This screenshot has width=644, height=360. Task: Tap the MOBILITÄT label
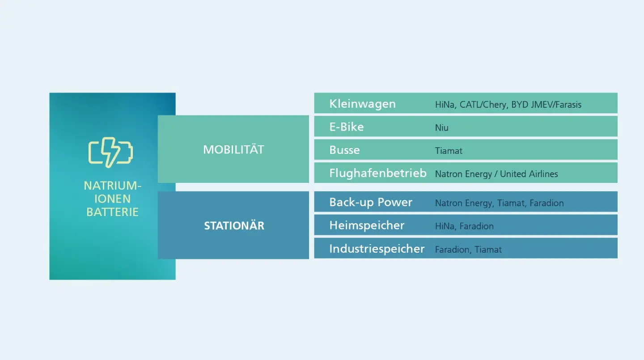233,149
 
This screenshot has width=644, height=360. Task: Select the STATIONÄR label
234,225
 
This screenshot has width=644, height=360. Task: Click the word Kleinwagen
363,104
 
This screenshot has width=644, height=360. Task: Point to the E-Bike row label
347,127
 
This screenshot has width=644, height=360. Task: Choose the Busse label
344,150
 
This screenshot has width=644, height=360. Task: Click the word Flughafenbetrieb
378,174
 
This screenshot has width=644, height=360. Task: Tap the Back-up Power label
371,203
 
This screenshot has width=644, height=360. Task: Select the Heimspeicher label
367,225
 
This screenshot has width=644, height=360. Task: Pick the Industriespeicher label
377,249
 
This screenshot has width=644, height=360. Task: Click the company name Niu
441,127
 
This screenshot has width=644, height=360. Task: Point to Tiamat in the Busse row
449,151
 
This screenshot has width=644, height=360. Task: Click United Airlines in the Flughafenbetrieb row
529,174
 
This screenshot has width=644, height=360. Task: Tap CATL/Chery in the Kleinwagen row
483,104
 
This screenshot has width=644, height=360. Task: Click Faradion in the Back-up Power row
547,203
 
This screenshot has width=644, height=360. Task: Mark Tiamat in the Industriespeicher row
488,250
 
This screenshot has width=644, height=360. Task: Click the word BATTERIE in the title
112,212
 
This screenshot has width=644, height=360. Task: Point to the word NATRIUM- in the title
112,186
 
